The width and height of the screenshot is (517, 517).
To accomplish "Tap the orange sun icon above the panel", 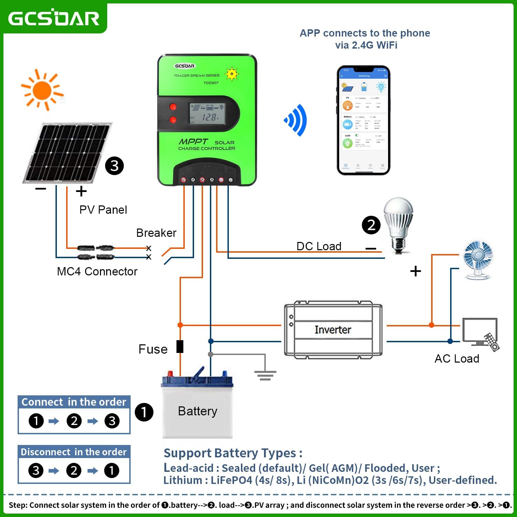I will [42, 90].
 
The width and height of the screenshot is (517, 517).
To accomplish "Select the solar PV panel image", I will [66, 153].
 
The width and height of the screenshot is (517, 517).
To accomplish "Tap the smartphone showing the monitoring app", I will [363, 120].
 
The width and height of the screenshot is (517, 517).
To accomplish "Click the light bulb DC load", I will [399, 224].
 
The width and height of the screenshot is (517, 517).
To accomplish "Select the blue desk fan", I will [478, 260].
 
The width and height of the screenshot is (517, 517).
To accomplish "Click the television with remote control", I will [480, 333].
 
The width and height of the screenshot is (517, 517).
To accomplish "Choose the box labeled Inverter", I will [333, 330].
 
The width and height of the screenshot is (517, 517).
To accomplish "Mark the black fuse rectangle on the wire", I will [180, 346].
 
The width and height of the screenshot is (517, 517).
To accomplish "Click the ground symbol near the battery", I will [265, 375].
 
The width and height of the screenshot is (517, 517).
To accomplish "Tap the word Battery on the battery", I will [197, 411].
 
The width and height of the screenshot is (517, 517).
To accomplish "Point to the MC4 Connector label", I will [97, 272].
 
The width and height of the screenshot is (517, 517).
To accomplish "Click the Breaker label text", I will [156, 233].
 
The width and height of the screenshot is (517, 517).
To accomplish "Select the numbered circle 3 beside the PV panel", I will [114, 166].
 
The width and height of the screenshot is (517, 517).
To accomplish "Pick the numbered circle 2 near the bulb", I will [371, 225].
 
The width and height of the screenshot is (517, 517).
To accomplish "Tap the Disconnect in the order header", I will [74, 452].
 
